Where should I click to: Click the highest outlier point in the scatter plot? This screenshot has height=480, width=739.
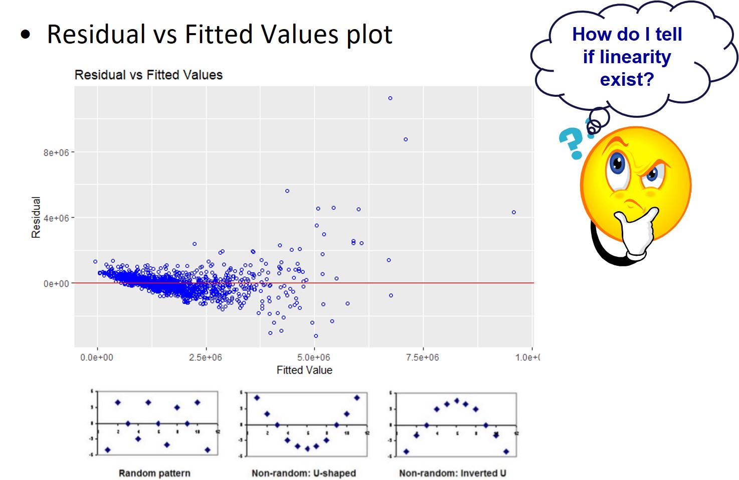click(x=390, y=98)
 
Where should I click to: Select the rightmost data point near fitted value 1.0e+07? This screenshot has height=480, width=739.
click(x=514, y=212)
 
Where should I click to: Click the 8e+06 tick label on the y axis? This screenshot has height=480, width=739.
click(x=56, y=152)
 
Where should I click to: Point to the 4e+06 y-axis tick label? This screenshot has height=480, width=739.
click(x=56, y=218)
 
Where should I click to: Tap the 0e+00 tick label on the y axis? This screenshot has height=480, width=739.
click(x=56, y=284)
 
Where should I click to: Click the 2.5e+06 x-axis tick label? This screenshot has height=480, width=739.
click(x=205, y=358)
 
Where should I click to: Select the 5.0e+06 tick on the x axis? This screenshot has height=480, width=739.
click(x=313, y=358)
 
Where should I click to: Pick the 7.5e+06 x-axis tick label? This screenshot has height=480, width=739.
click(x=422, y=358)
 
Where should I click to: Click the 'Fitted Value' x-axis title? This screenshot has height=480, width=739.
click(x=304, y=370)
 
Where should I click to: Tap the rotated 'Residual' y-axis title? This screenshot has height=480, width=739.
click(x=36, y=217)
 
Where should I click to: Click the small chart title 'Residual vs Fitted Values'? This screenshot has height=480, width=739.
click(x=148, y=75)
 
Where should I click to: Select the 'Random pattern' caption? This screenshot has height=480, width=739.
click(x=154, y=473)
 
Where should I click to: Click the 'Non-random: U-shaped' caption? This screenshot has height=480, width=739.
click(x=304, y=473)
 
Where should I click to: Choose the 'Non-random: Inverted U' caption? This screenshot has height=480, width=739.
click(x=453, y=473)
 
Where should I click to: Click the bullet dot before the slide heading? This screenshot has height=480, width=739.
click(x=26, y=35)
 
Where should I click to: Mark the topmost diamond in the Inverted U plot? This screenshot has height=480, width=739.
click(x=457, y=401)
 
